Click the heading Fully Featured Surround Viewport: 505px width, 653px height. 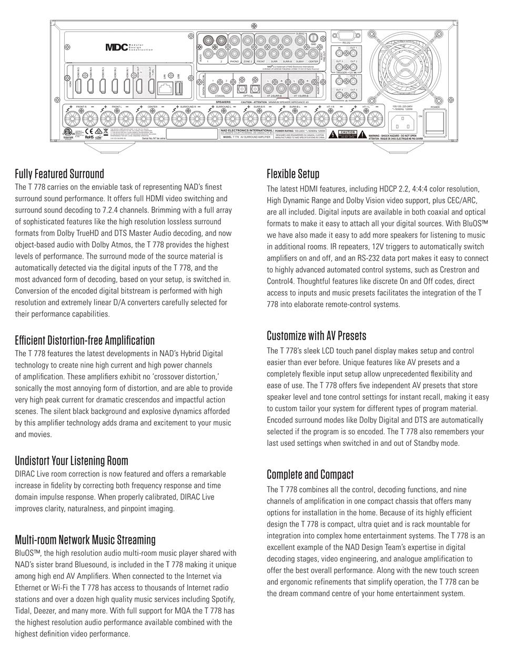coord(59,174)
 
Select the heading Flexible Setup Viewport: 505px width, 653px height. coord(293,174)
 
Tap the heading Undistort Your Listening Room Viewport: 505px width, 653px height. coord(72,461)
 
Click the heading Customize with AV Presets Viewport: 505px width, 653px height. coord(316,335)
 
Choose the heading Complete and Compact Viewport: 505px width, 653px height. coord(310,474)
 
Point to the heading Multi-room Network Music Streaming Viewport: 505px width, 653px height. coord(85,539)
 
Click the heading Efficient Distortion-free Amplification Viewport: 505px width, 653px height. coord(85,340)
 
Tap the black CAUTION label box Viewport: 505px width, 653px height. coord(348,134)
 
